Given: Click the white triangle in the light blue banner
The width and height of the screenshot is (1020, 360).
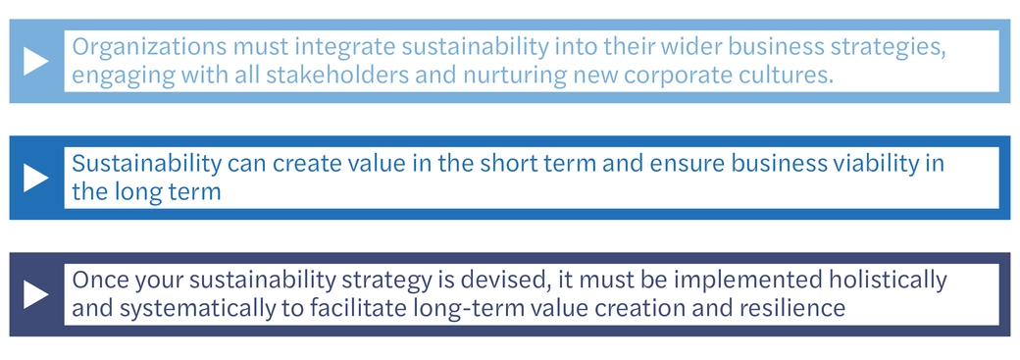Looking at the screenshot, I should (x=35, y=61).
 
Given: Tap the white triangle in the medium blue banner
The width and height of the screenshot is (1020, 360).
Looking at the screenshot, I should (x=35, y=178).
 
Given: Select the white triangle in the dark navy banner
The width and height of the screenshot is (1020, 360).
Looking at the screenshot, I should (x=35, y=294).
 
